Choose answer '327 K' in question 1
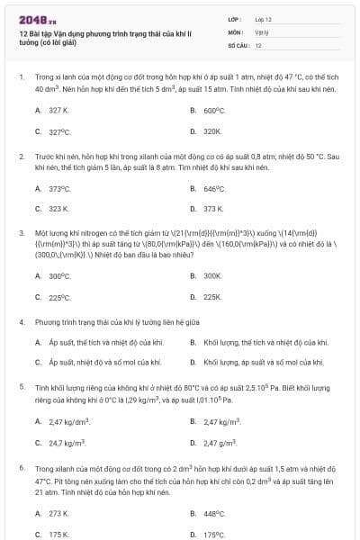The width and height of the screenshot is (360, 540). pos(58,110)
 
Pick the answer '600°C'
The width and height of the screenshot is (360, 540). pos(212,110)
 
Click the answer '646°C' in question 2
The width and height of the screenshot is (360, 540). pos(212,188)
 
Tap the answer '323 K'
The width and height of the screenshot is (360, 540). pos(58,209)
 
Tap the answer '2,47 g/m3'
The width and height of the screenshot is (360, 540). pos(220,442)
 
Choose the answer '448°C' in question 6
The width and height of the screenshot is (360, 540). pos(212,514)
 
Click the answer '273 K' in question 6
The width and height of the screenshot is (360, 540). pos(58,514)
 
